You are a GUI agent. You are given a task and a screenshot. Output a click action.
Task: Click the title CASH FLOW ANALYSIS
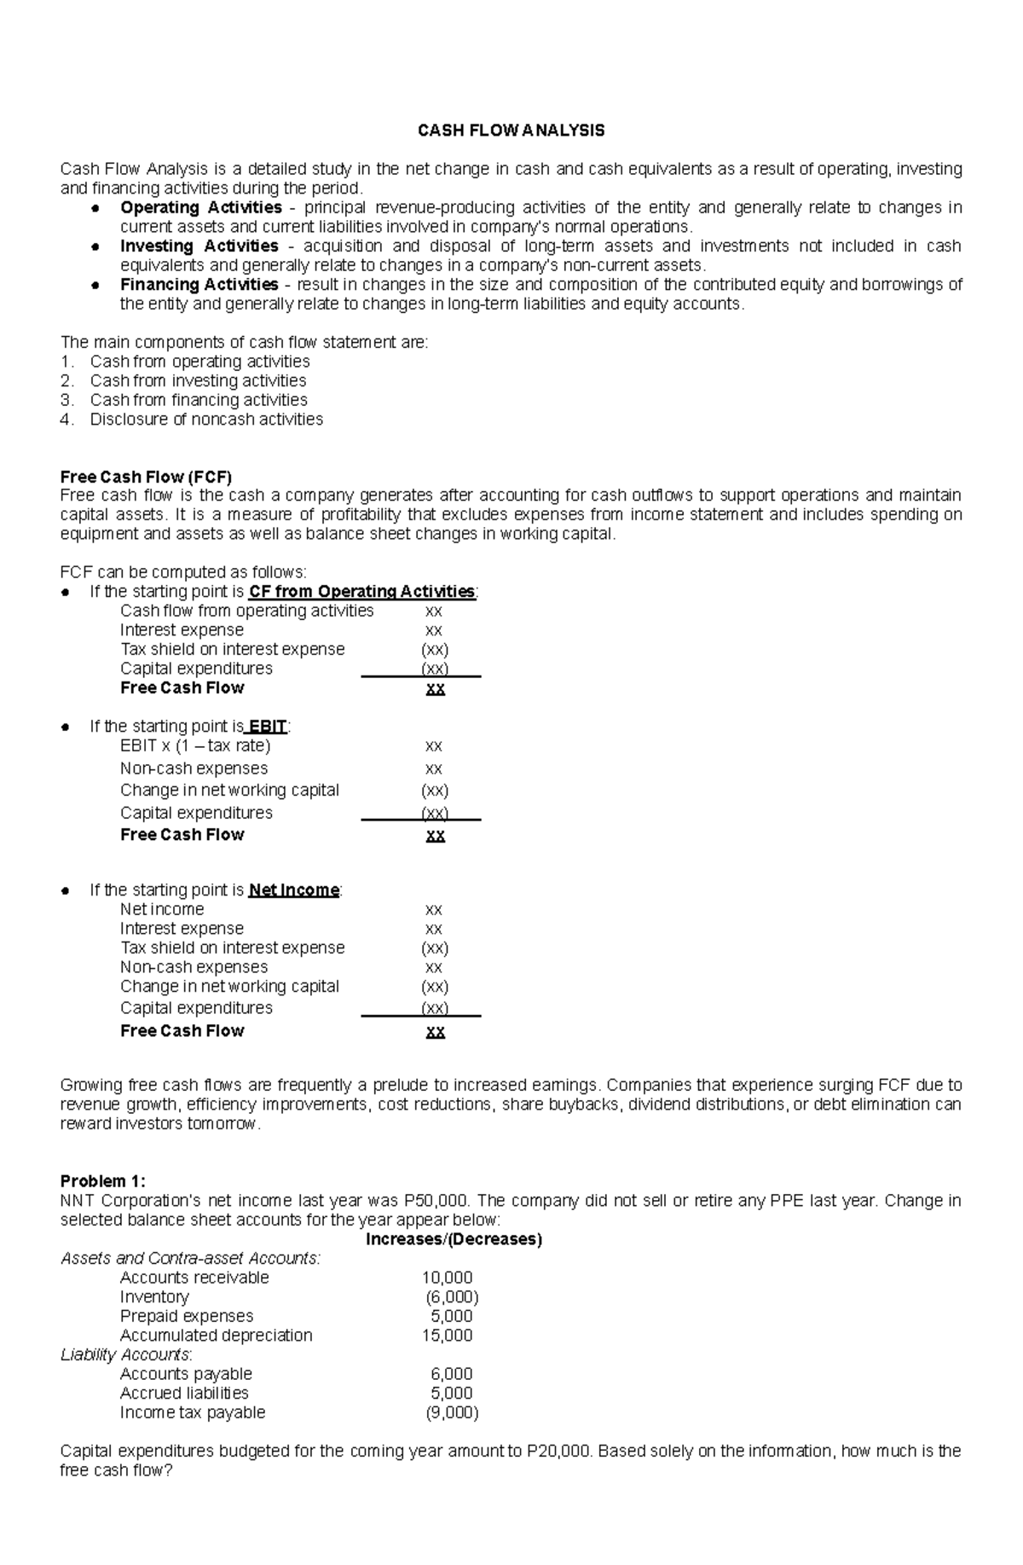click(x=511, y=130)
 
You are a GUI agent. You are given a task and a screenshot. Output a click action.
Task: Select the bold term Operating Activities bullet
click(x=200, y=207)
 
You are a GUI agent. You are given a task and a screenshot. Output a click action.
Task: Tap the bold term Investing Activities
click(x=199, y=246)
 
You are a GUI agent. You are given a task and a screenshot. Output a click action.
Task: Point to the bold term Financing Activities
click(x=199, y=284)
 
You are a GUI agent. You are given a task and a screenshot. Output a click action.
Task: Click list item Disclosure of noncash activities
click(x=206, y=419)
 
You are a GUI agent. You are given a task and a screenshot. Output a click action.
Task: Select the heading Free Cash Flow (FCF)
click(x=146, y=477)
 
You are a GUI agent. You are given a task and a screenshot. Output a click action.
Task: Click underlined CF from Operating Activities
click(x=361, y=591)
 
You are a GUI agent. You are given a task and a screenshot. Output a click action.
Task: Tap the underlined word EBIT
click(x=267, y=727)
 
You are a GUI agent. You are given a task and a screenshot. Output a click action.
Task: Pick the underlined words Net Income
click(x=293, y=890)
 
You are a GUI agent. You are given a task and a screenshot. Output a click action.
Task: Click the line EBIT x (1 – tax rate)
click(x=195, y=745)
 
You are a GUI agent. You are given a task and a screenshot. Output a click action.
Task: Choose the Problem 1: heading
click(x=102, y=1181)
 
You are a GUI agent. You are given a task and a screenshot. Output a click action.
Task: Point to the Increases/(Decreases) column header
click(x=454, y=1239)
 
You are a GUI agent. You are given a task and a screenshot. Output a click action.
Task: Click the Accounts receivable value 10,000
click(x=447, y=1278)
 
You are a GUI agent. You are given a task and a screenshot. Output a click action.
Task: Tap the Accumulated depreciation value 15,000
click(x=447, y=1336)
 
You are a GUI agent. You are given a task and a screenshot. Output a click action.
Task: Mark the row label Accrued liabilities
click(x=184, y=1393)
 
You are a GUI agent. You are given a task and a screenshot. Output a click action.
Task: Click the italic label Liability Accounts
click(x=125, y=1354)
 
